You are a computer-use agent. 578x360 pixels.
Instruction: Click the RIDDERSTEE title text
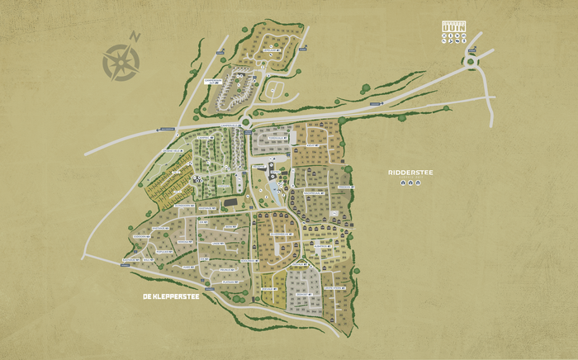pyautogui.click(x=410, y=173)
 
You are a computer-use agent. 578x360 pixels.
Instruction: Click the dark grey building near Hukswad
pyautogui.click(x=230, y=201)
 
